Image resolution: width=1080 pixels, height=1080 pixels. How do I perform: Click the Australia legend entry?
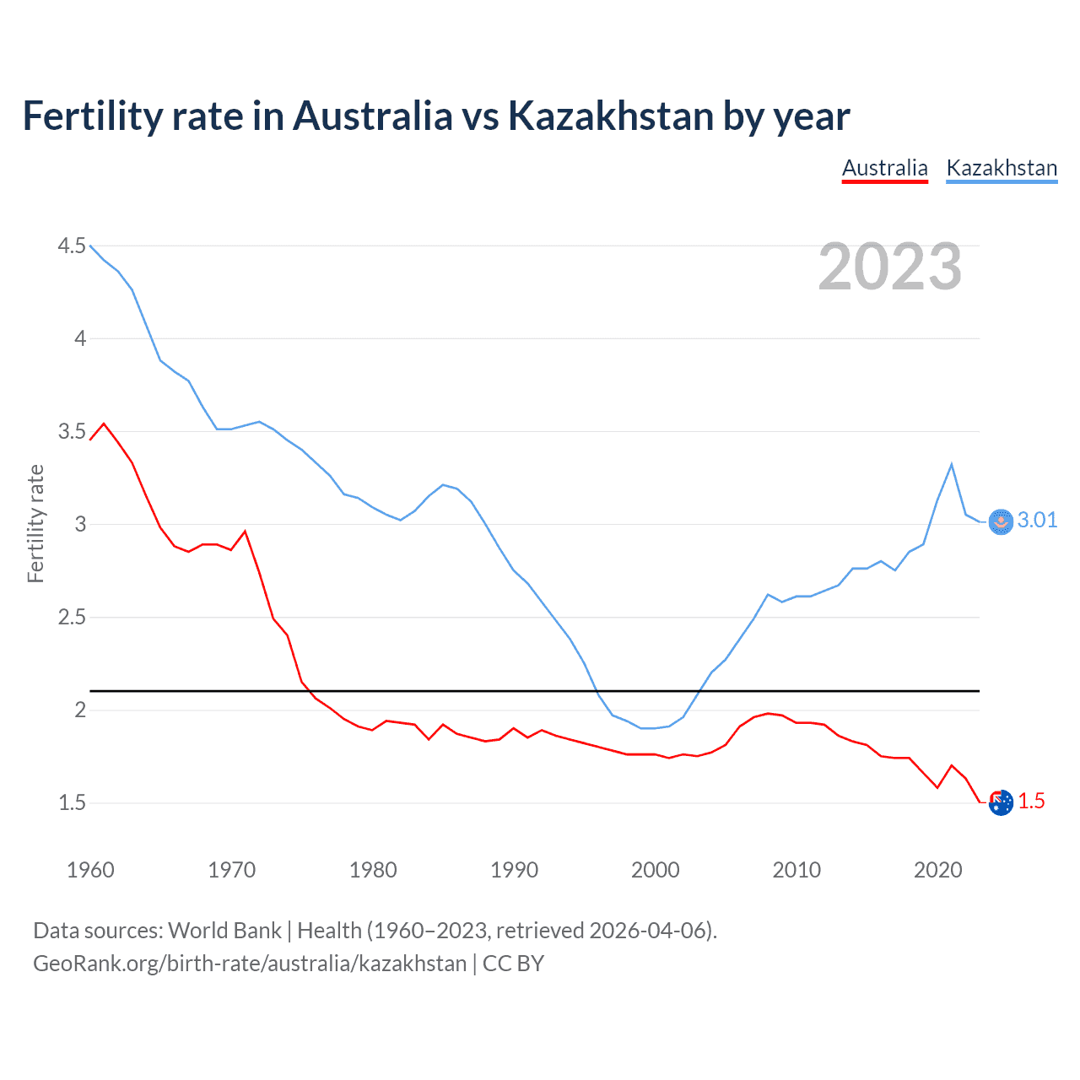tap(884, 168)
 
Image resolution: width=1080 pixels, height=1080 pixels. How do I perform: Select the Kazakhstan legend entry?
tap(1002, 168)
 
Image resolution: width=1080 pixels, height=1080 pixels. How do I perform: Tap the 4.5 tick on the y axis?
tap(72, 246)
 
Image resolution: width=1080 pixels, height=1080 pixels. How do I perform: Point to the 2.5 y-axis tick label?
tap(72, 617)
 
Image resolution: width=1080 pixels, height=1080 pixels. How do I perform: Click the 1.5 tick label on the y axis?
tap(72, 802)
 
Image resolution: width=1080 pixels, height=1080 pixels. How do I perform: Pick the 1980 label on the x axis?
tap(373, 870)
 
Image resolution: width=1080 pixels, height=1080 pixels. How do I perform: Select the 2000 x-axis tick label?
tap(655, 870)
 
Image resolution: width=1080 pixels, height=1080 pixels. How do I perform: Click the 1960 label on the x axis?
tap(90, 870)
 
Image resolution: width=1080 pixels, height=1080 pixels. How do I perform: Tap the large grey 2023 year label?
tap(889, 267)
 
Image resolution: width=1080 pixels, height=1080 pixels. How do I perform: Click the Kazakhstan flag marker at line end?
tap(1001, 522)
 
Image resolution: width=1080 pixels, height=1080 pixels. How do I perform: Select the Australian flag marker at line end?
tap(1001, 803)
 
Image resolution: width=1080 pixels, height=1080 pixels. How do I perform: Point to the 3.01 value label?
tap(1037, 520)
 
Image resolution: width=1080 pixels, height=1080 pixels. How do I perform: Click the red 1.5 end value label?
tap(1031, 801)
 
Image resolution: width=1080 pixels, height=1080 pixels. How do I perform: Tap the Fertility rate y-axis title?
tap(35, 523)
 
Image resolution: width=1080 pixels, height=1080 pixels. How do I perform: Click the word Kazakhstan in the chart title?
tap(610, 116)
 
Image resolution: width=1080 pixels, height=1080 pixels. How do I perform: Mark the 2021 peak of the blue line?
tap(952, 464)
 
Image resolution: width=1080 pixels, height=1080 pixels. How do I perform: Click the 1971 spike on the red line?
tap(245, 531)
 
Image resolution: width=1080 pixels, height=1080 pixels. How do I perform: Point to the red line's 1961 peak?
tap(104, 424)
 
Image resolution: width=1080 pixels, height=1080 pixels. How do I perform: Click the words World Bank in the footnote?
tap(224, 930)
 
